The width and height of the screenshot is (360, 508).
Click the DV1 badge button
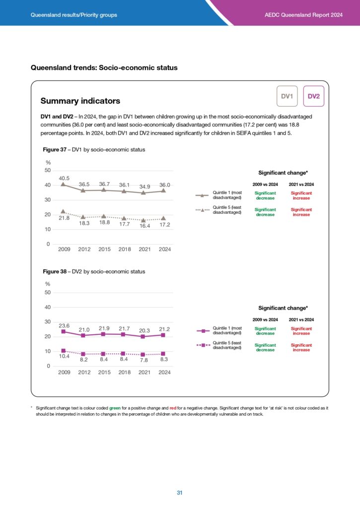(x=287, y=96)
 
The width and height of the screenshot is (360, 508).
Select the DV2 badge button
(x=313, y=96)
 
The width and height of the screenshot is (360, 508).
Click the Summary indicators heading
(x=80, y=101)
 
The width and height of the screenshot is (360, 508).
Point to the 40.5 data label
(x=64, y=178)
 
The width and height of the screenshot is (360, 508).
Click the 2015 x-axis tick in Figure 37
(x=104, y=250)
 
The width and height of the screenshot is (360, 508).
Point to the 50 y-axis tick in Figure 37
(x=47, y=171)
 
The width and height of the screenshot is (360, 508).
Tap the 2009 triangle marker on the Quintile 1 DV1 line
(x=63, y=185)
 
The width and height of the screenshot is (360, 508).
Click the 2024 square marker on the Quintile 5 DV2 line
(x=164, y=354)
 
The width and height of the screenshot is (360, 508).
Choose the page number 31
(x=180, y=493)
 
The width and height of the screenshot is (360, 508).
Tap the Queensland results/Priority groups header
(x=74, y=15)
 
